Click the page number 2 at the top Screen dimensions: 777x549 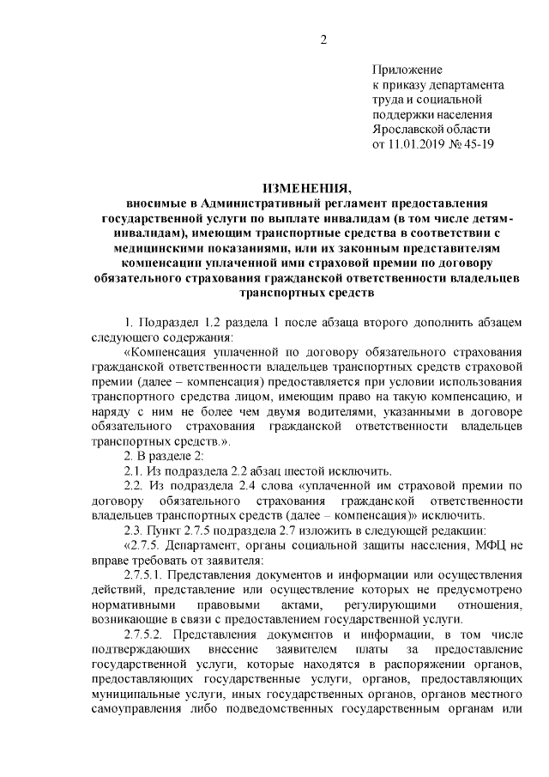(323, 39)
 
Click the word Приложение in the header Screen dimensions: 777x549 (407, 70)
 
